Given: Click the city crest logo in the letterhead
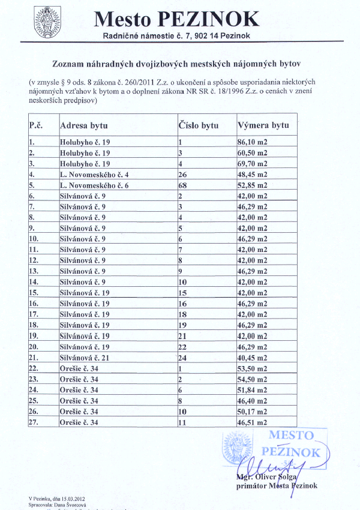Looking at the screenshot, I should pyautogui.click(x=47, y=22).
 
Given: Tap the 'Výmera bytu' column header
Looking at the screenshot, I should pyautogui.click(x=263, y=126).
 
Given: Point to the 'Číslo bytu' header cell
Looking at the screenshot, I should pyautogui.click(x=199, y=126).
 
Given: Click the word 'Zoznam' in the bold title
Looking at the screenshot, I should pyautogui.click(x=72, y=62).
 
